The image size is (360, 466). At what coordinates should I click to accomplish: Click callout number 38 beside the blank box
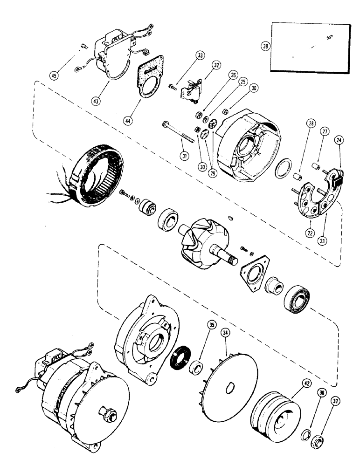click(x=265, y=46)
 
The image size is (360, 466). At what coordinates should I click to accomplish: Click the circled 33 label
click(x=200, y=56)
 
